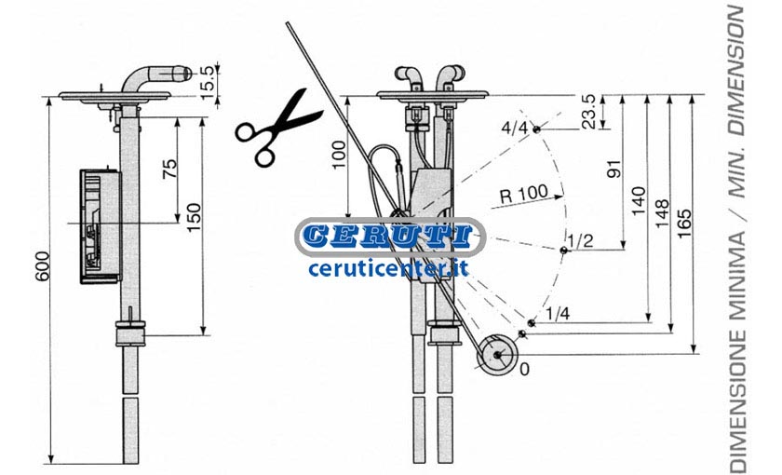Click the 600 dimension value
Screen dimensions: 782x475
tap(43, 266)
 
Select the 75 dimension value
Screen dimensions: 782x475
tap(169, 169)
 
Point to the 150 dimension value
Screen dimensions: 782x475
tap(194, 217)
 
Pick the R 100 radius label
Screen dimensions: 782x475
tap(523, 194)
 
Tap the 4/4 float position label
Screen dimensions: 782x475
tap(514, 129)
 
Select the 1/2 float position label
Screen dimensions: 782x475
tap(582, 241)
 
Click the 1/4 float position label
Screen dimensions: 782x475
tap(558, 314)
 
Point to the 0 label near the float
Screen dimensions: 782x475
tap(524, 369)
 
